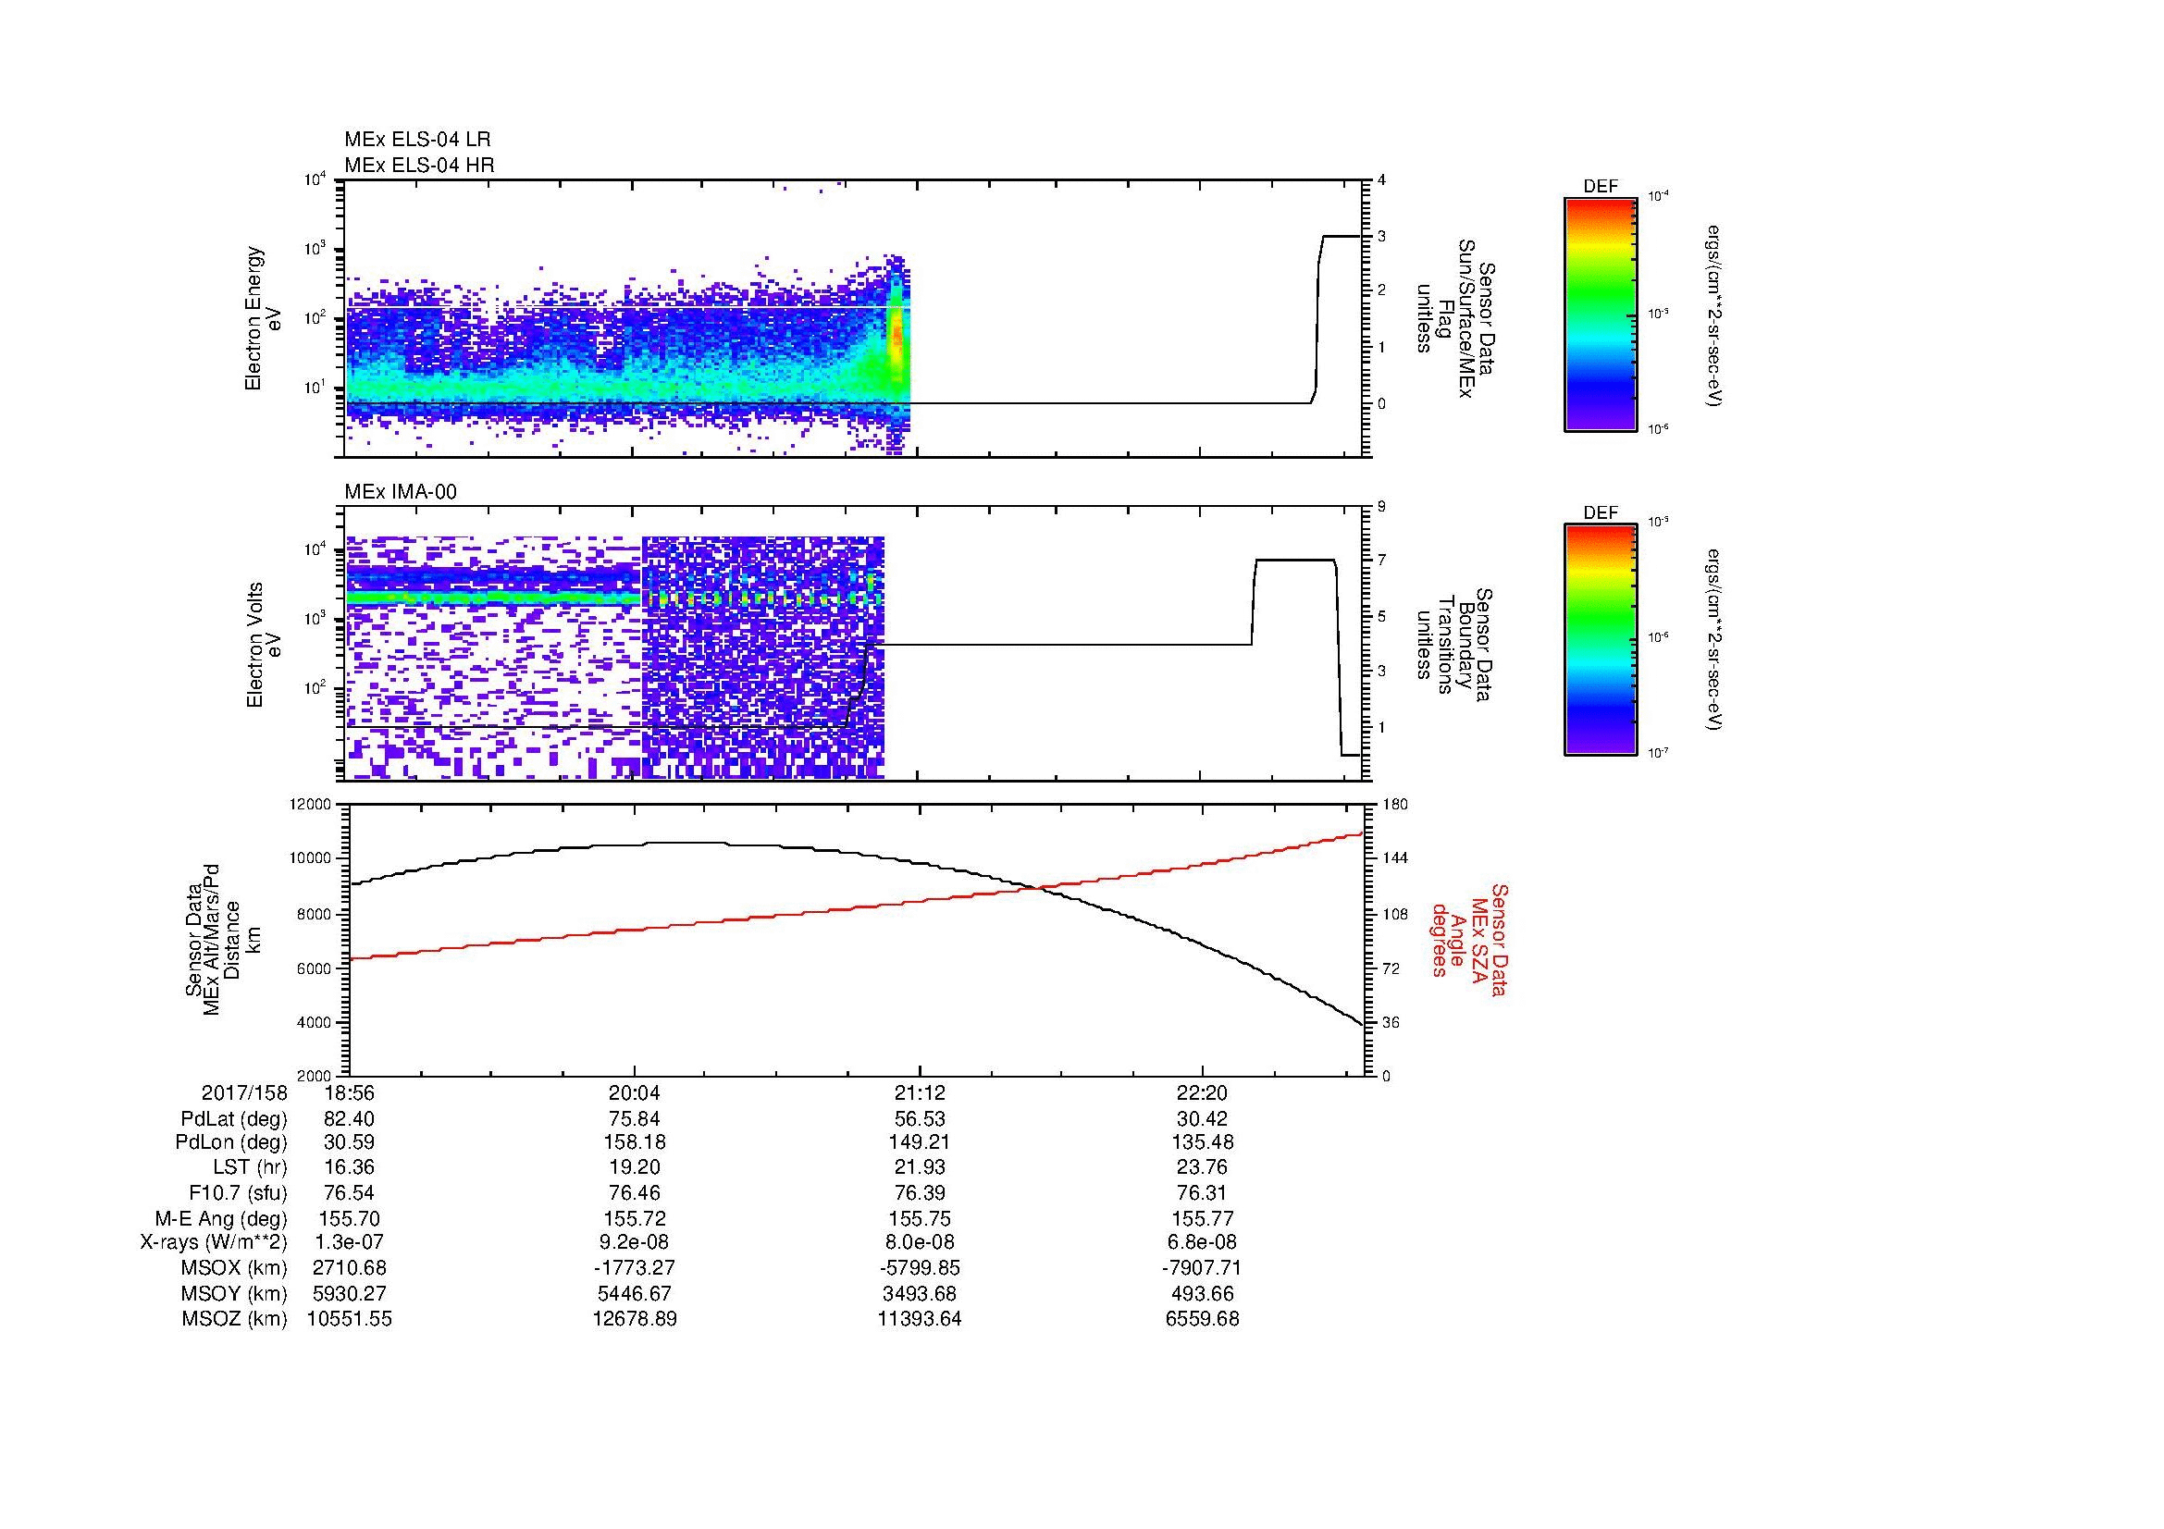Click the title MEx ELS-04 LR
pyautogui.click(x=416, y=140)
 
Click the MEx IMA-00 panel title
pyautogui.click(x=400, y=492)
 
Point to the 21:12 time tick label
pyautogui.click(x=919, y=1093)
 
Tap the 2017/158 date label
pyautogui.click(x=243, y=1093)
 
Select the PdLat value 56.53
pyautogui.click(x=919, y=1118)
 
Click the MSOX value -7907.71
pyautogui.click(x=1202, y=1268)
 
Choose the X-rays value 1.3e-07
pyautogui.click(x=349, y=1242)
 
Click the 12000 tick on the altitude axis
pyautogui.click(x=310, y=805)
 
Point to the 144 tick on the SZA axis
pyautogui.click(x=1395, y=858)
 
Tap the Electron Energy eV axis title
pyautogui.click(x=264, y=318)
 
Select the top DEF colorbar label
pyautogui.click(x=1600, y=187)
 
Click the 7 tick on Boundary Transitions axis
pyautogui.click(x=1381, y=561)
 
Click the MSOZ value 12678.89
pyautogui.click(x=634, y=1319)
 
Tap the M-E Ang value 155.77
pyautogui.click(x=1202, y=1218)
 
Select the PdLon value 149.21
pyautogui.click(x=919, y=1142)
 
